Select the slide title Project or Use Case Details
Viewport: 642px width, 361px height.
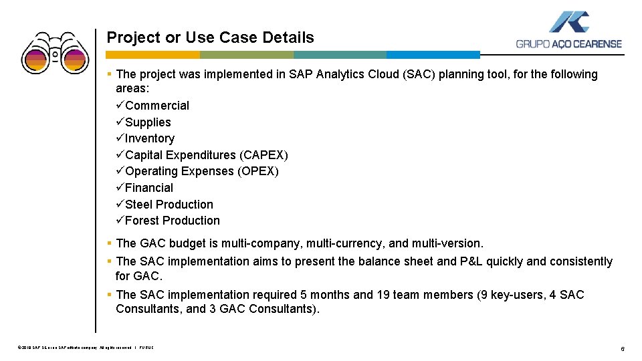click(x=210, y=37)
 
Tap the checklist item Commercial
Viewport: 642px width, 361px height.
click(x=156, y=106)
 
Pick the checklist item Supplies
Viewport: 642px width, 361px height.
click(x=148, y=122)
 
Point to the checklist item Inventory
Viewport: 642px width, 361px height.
click(x=149, y=138)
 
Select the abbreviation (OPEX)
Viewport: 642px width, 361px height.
click(x=258, y=171)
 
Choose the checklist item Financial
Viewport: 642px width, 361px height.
click(x=148, y=188)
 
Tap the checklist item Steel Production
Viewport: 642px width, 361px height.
click(x=169, y=205)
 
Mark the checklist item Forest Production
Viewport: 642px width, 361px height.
click(x=172, y=221)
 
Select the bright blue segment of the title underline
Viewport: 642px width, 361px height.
click(x=433, y=55)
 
